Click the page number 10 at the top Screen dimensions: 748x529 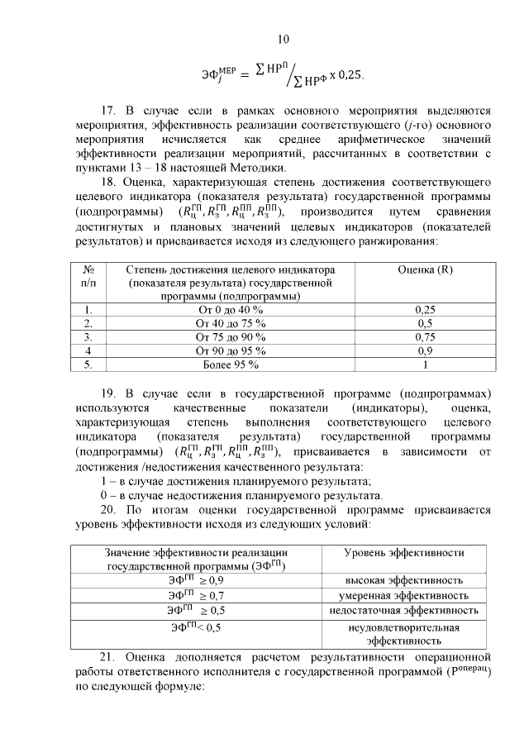283,39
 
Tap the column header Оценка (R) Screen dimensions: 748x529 425,269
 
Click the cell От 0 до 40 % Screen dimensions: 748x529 230,309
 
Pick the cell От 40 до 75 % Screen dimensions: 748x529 230,323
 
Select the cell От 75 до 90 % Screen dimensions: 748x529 230,337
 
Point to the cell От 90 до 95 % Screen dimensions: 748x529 230,350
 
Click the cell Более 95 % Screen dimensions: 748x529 230,364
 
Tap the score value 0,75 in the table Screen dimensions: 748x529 425,337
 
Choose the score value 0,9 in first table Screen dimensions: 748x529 425,350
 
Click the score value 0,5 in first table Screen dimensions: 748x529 425,323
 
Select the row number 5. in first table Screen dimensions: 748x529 88,364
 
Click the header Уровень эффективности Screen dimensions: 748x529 403,552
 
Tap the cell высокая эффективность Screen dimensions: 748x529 403,580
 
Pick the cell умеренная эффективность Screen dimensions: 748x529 403,595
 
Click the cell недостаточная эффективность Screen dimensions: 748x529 403,610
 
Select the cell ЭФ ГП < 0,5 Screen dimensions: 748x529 195,627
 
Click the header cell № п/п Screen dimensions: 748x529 88,276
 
